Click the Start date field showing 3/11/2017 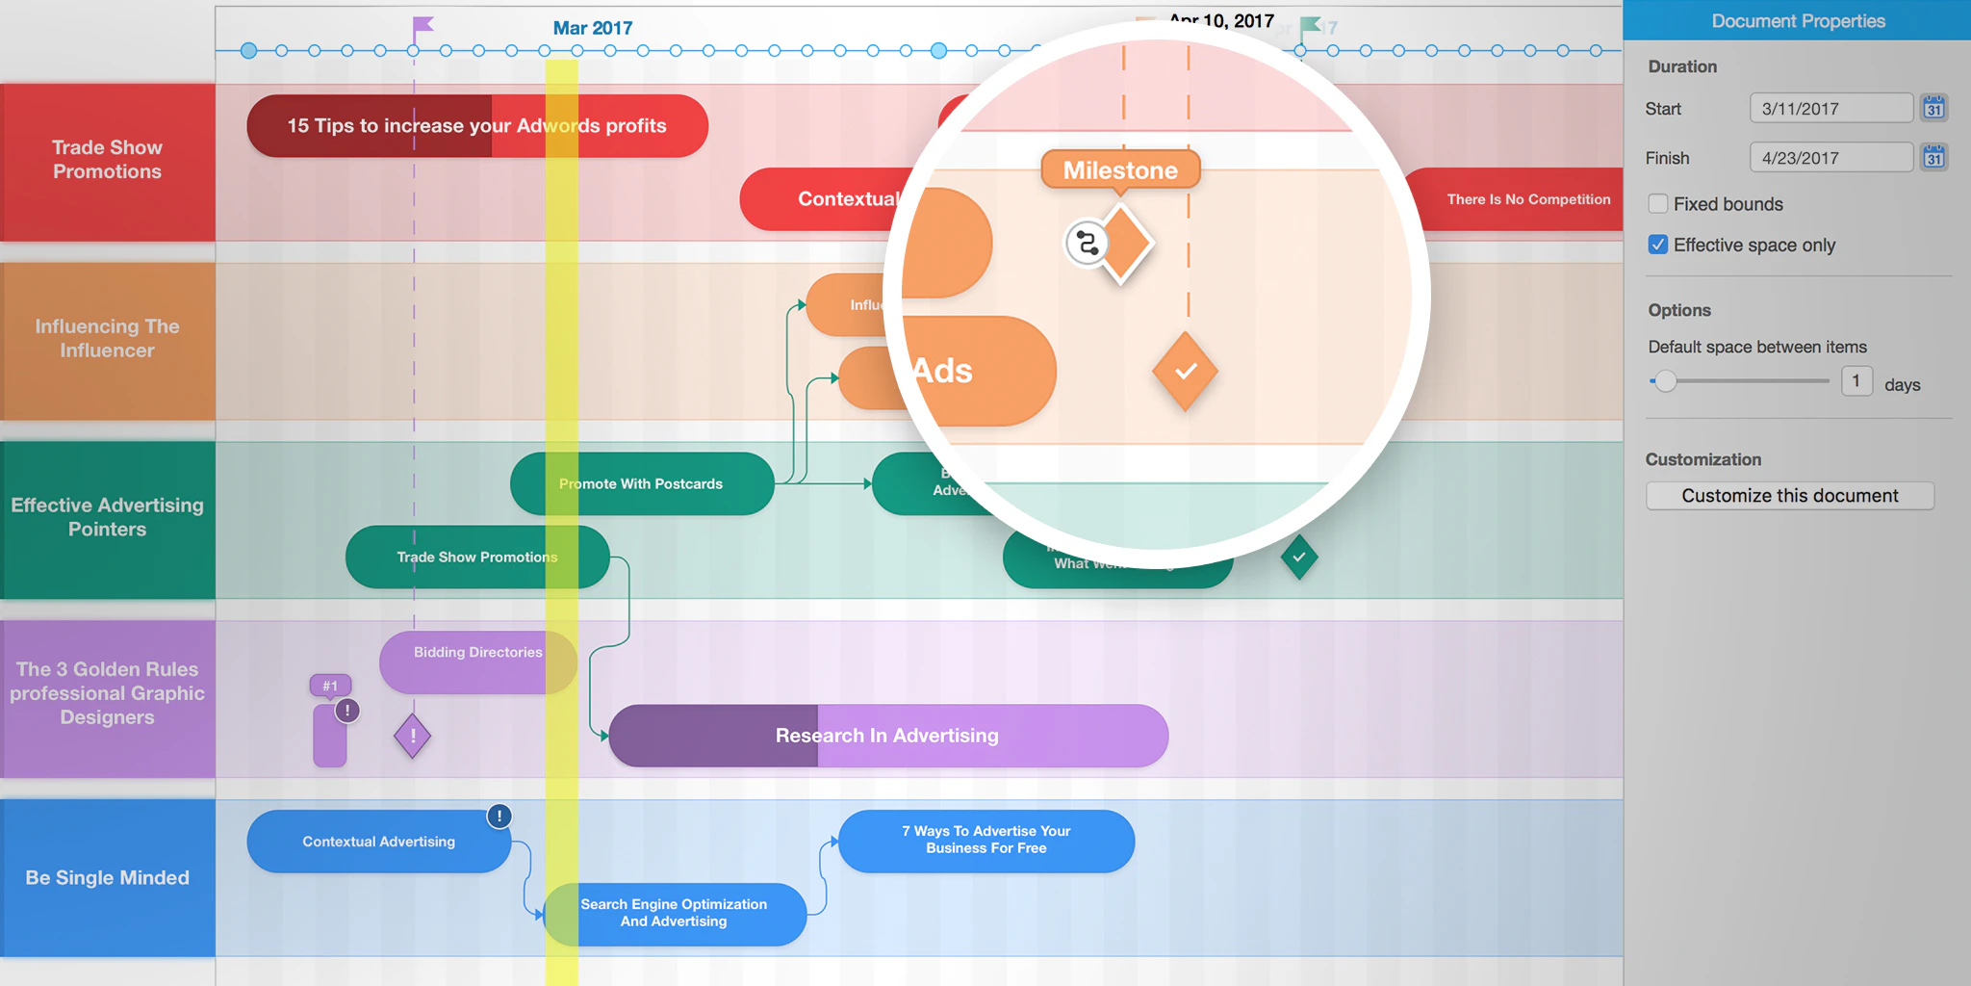point(1830,109)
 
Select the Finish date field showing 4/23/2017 point(1830,158)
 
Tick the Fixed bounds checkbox point(1658,204)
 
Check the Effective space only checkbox point(1658,245)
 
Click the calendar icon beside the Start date point(1933,108)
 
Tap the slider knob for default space point(1666,381)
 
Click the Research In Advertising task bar point(887,736)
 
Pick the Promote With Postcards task point(641,483)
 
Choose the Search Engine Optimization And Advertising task point(674,914)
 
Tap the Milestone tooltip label point(1120,170)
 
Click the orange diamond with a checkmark point(1186,372)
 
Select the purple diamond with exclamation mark point(412,737)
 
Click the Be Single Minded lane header point(108,877)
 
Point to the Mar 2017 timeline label point(593,28)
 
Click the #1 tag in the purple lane point(330,686)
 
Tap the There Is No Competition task point(1527,199)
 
